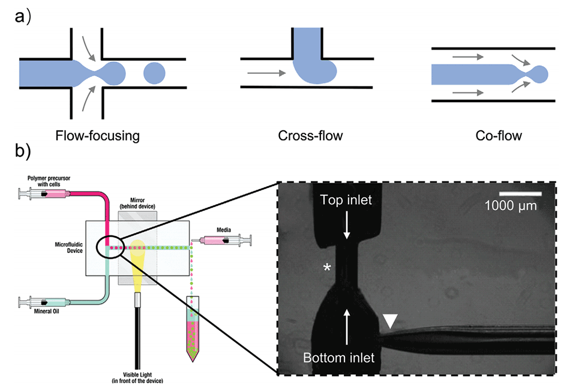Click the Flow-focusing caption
pos(97,136)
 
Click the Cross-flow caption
pos(310,136)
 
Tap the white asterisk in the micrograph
pos(327,267)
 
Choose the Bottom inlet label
pos(338,358)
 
